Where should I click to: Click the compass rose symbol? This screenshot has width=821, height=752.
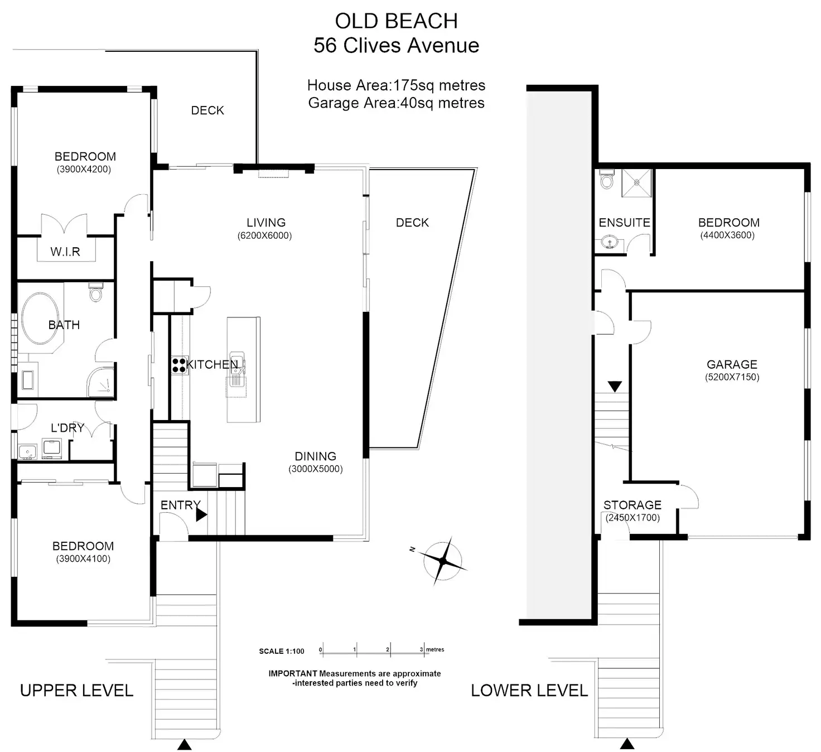point(442,561)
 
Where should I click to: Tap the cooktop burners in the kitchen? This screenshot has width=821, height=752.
point(179,365)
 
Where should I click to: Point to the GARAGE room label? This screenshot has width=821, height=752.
point(732,364)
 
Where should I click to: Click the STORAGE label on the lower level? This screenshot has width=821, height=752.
point(632,505)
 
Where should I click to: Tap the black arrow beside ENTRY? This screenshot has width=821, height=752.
point(201,514)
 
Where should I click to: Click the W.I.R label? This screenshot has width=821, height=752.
point(65,252)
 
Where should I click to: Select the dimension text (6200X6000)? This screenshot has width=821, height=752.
point(264,236)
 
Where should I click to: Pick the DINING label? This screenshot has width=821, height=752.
point(315,456)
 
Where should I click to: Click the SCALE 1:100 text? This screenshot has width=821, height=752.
point(282,651)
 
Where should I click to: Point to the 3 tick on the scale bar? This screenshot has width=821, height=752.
point(423,650)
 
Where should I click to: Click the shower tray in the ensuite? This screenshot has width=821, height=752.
point(636,183)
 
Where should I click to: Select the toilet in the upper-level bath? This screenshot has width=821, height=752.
point(96,291)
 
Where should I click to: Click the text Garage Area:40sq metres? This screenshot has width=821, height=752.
point(396,103)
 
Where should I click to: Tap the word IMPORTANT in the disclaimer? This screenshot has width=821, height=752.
point(293,673)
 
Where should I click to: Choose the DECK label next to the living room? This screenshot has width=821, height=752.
point(412,223)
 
